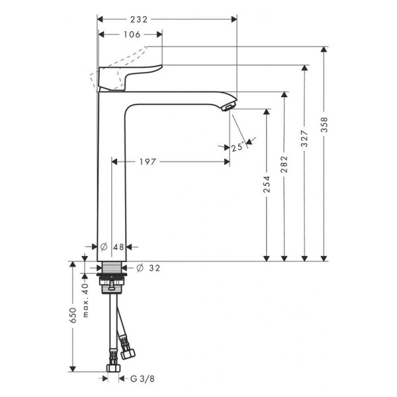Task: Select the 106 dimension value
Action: point(132,35)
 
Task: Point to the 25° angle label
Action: point(238,148)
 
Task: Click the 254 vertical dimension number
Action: point(267,185)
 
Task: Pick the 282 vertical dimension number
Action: point(285,163)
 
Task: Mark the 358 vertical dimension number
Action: point(324,125)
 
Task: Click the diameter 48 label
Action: point(114,247)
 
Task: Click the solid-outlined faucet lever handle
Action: point(132,75)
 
